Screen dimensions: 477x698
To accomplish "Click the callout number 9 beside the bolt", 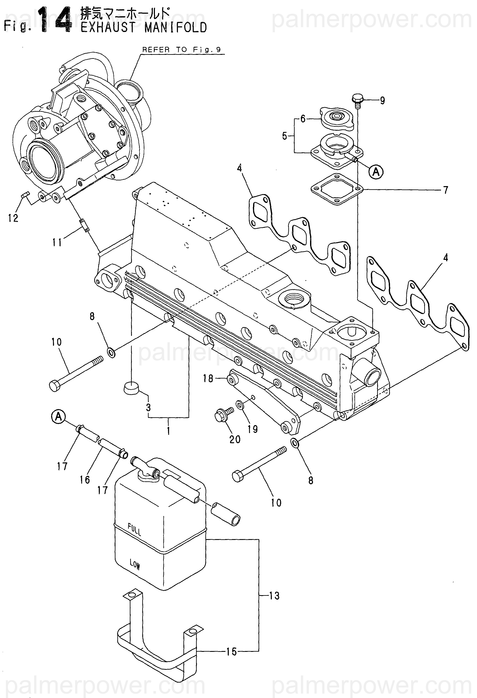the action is pyautogui.click(x=382, y=101).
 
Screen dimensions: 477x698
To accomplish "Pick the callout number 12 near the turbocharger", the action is pyautogui.click(x=13, y=218).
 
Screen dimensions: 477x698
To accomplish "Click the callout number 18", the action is pyautogui.click(x=208, y=379).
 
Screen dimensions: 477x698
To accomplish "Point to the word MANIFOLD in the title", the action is pyautogui.click(x=176, y=28).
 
